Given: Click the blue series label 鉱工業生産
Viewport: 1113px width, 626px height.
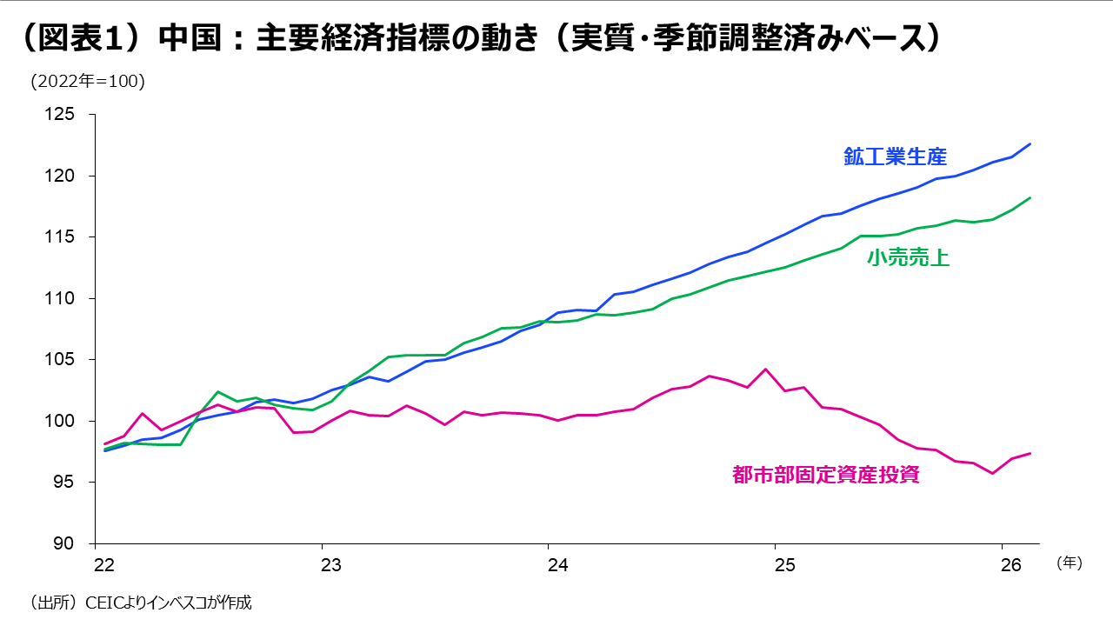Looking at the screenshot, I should [x=895, y=156].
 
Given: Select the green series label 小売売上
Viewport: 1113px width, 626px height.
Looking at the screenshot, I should [x=908, y=257].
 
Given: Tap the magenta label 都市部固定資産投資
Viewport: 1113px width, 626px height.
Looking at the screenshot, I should [x=825, y=475].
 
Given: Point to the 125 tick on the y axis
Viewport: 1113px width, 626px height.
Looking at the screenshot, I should [x=73, y=115].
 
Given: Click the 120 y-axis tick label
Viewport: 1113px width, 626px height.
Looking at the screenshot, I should [x=73, y=176].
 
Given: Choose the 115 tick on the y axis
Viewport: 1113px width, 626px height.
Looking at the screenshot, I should [x=73, y=237].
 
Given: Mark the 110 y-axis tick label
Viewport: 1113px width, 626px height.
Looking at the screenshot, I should [x=73, y=298].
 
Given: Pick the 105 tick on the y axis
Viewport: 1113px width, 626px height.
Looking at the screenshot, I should [x=73, y=360].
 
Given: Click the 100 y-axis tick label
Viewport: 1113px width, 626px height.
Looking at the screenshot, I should [x=73, y=421].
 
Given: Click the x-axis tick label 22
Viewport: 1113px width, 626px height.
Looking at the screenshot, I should [x=103, y=564].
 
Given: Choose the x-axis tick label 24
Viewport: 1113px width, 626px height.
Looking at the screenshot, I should [x=557, y=564].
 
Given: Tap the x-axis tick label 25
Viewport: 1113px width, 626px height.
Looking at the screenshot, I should [x=784, y=564].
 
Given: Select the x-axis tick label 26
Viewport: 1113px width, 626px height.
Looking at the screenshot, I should [x=1010, y=564].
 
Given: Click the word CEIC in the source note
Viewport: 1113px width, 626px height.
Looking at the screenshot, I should [x=104, y=602].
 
